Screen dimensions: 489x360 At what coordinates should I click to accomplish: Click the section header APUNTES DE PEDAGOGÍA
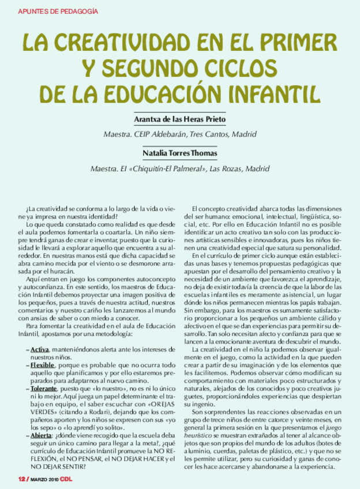click(x=58, y=10)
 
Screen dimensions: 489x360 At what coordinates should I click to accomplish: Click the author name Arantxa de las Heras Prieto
click(x=179, y=119)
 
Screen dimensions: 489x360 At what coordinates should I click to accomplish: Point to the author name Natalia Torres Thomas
click(x=179, y=153)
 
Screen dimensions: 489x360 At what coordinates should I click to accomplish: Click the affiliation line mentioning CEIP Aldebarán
click(x=179, y=135)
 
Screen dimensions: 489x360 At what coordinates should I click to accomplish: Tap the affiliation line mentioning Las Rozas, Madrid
click(x=180, y=169)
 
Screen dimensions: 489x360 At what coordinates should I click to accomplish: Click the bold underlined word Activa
click(x=39, y=350)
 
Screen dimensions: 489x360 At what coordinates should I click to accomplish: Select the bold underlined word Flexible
click(x=43, y=366)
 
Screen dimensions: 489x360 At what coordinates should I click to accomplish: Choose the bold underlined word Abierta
click(x=42, y=436)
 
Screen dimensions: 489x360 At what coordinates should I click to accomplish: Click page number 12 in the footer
click(x=21, y=480)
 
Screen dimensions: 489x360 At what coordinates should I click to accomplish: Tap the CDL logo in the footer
click(x=66, y=480)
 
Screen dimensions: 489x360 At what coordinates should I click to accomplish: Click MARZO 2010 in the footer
click(x=43, y=480)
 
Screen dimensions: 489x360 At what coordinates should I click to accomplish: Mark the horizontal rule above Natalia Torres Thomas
click(x=179, y=145)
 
